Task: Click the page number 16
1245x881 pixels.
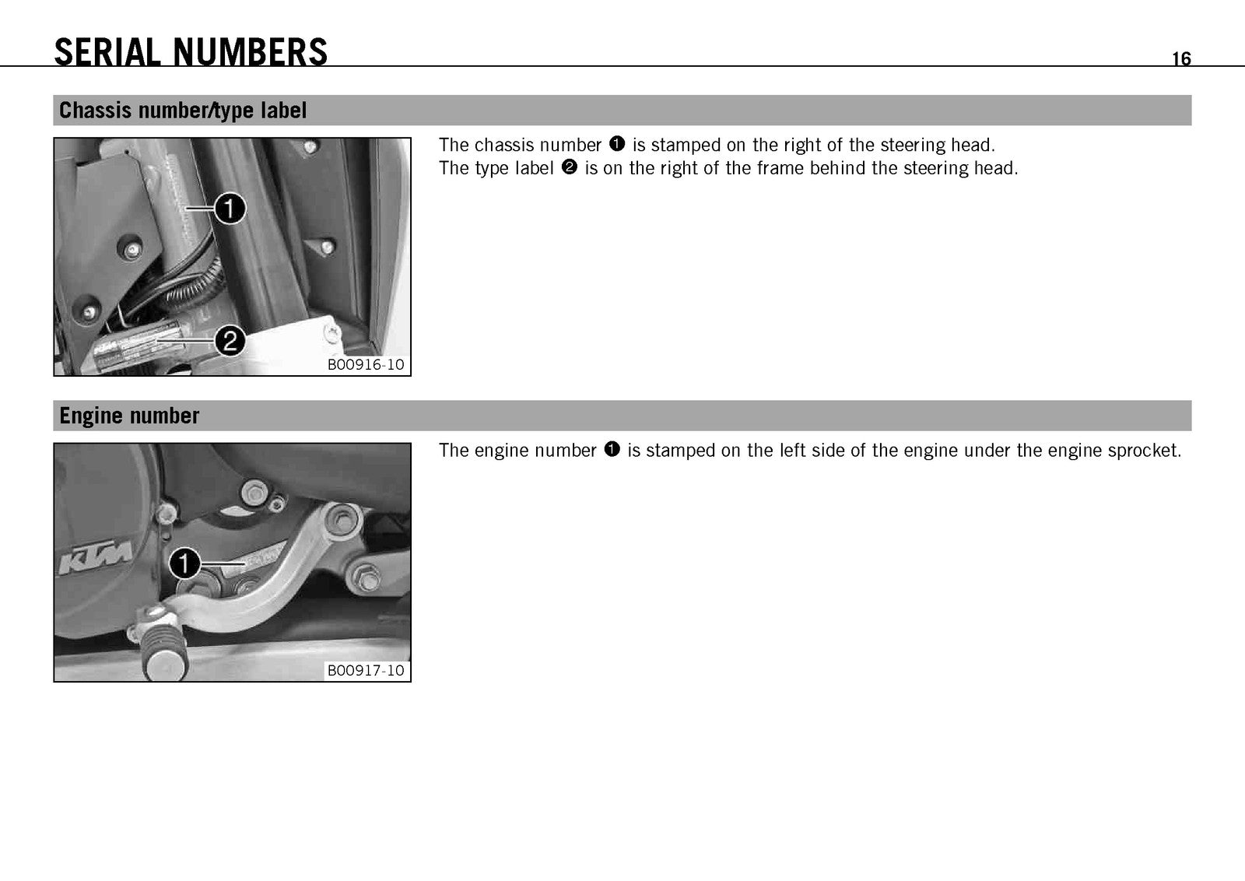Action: pyautogui.click(x=1181, y=58)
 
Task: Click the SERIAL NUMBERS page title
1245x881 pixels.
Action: pyautogui.click(x=191, y=52)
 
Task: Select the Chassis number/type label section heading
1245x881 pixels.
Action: pyautogui.click(x=182, y=110)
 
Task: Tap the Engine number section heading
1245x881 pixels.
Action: pyautogui.click(x=129, y=416)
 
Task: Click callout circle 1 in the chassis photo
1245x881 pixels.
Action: pyautogui.click(x=230, y=209)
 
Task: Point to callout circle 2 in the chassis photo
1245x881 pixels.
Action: pyautogui.click(x=230, y=341)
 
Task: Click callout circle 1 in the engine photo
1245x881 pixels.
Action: pyautogui.click(x=184, y=563)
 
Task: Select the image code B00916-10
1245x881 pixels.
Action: pyautogui.click(x=366, y=365)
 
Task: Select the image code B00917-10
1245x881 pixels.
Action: pyautogui.click(x=366, y=670)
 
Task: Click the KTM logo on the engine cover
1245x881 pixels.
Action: pyautogui.click(x=96, y=557)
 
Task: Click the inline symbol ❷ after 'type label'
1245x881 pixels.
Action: pyautogui.click(x=569, y=167)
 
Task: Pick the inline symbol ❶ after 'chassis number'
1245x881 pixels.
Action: pyautogui.click(x=617, y=143)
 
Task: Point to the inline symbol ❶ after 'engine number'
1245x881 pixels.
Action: pyautogui.click(x=612, y=449)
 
